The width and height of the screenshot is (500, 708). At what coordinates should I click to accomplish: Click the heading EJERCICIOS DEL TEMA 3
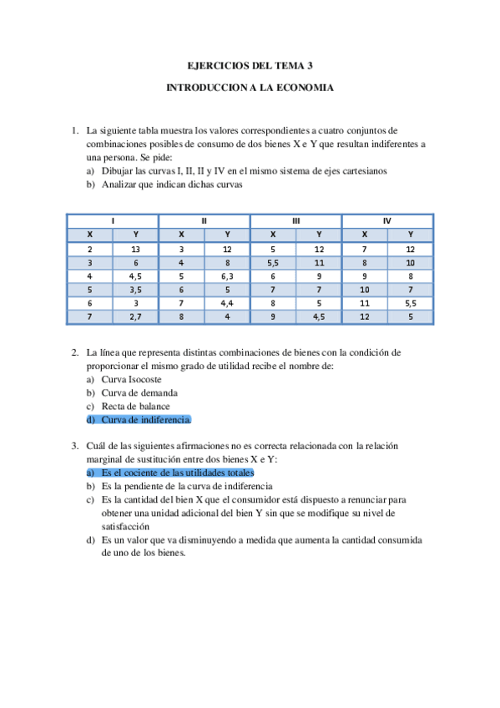coord(250,65)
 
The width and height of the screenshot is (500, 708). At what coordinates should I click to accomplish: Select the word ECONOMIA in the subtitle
coord(305,87)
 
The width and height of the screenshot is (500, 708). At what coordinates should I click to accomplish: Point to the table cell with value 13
coord(136,249)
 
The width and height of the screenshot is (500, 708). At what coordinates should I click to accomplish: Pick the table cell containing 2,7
coord(136,316)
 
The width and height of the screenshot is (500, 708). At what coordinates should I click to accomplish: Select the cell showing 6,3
coord(227,276)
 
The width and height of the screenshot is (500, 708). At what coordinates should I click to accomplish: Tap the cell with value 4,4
coord(227,303)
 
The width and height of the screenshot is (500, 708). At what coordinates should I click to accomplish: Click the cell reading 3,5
coord(136,290)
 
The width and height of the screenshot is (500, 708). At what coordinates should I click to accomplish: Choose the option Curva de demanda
coord(139,392)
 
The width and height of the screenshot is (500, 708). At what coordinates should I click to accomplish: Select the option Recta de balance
coord(138,406)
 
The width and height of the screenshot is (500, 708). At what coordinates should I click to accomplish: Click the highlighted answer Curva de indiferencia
coord(146,419)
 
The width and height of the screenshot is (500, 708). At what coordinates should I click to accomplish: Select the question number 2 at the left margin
coord(74,352)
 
